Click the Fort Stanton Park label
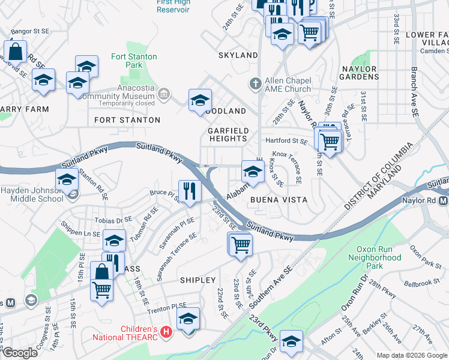[134, 61]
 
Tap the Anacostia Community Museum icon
[164, 94]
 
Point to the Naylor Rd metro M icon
[443, 200]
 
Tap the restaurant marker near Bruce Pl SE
[189, 192]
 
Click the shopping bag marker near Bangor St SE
[16, 52]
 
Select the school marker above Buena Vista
[253, 172]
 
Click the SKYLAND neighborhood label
[238, 55]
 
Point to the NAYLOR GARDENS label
[360, 73]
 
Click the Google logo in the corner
[19, 353]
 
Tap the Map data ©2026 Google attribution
[411, 355]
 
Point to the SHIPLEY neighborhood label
[197, 280]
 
